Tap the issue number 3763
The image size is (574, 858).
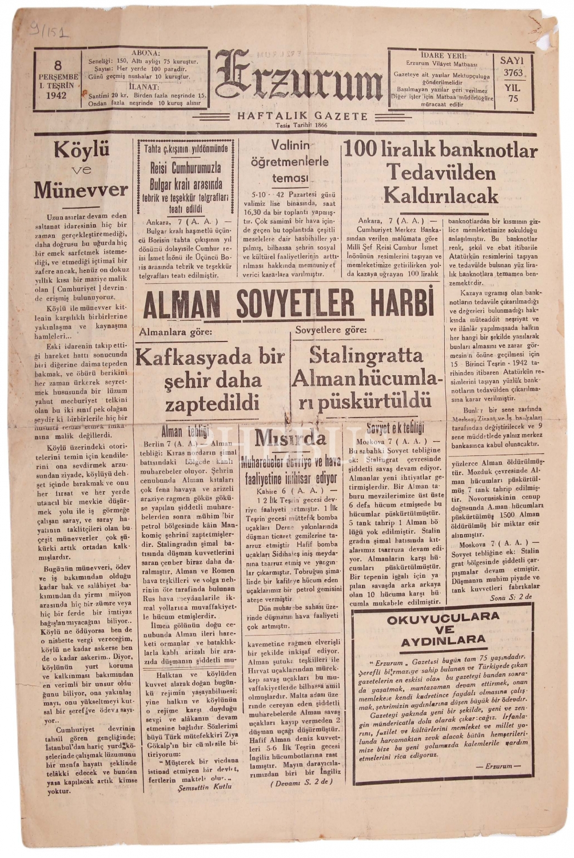point(513,73)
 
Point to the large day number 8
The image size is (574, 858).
point(58,65)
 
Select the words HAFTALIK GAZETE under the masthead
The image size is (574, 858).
point(302,116)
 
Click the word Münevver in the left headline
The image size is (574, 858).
point(80,189)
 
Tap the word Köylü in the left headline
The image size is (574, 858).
point(81,150)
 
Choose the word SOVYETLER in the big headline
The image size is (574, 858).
point(291,304)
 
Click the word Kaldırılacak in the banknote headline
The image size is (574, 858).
point(441,196)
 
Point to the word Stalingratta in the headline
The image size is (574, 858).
point(366,355)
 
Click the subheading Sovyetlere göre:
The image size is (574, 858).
point(331,330)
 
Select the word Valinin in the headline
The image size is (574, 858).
point(290,145)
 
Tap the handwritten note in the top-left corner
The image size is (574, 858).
point(50,30)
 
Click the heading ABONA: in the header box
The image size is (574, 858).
point(146,53)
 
